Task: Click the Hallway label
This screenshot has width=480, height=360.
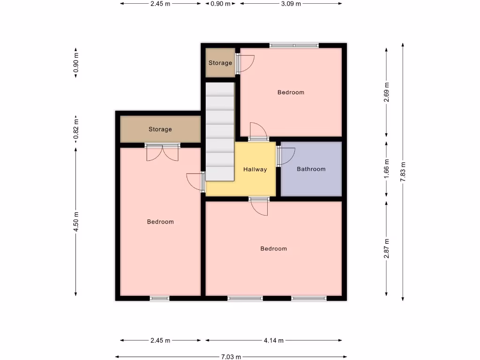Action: tap(255, 169)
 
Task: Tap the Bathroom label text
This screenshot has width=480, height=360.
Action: tap(311, 169)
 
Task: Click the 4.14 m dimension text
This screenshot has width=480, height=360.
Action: tap(274, 341)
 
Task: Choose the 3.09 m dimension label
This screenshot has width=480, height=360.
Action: tap(291, 4)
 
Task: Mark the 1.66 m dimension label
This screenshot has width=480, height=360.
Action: tap(386, 169)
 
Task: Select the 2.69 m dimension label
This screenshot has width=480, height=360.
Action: tap(386, 92)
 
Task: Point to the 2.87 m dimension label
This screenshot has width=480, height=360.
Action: tap(386, 248)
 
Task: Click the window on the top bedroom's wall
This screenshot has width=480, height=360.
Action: tap(294, 45)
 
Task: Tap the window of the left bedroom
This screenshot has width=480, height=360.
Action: tap(159, 298)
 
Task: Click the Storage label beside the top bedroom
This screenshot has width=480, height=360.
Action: tap(220, 63)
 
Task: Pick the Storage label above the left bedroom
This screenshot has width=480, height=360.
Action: tap(160, 129)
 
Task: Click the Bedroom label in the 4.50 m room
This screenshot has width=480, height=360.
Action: tap(160, 222)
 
